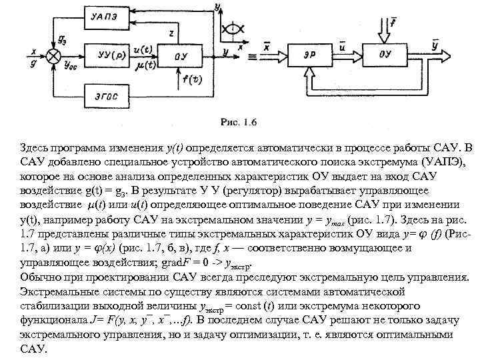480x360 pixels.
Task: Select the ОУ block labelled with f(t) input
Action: (181, 56)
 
